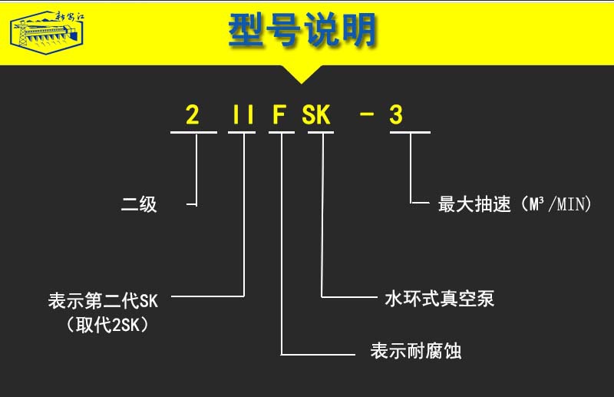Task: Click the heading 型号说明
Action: [x=303, y=31]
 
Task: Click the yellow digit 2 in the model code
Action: [x=193, y=116]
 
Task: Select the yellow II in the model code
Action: [x=243, y=116]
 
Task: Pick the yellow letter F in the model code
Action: [x=280, y=116]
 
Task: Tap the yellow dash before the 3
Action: [x=367, y=116]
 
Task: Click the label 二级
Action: [x=139, y=205]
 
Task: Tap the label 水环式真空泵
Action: [x=439, y=299]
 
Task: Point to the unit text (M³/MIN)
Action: [x=555, y=205]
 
